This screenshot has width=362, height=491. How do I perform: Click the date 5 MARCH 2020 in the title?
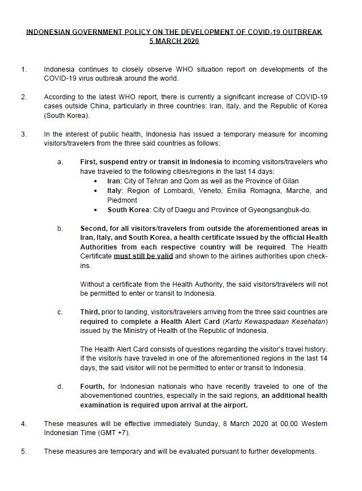pyautogui.click(x=174, y=41)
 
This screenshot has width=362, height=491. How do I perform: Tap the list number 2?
pyautogui.click(x=24, y=97)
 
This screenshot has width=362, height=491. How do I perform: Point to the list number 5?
pyautogui.click(x=24, y=451)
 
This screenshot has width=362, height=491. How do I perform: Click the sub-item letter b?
pyautogui.click(x=60, y=229)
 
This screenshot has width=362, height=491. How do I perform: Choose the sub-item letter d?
pyautogui.click(x=60, y=387)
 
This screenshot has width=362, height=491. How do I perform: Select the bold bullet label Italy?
pyautogui.click(x=116, y=191)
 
